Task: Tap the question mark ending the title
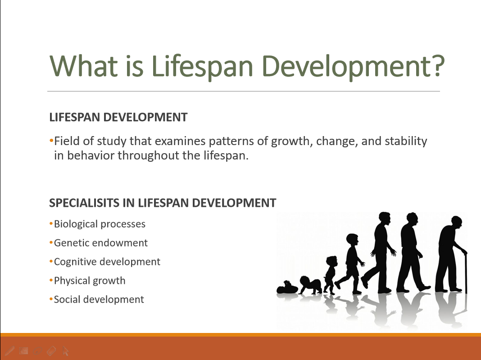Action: (x=435, y=65)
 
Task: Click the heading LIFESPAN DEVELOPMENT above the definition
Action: (x=118, y=118)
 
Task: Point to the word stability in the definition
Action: (x=405, y=141)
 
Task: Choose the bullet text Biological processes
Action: (x=100, y=224)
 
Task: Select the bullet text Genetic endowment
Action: (x=101, y=243)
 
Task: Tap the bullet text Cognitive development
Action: (x=107, y=262)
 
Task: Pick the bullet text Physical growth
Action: (x=90, y=281)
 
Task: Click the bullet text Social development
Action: (x=99, y=300)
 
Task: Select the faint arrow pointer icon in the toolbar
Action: (x=66, y=351)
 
